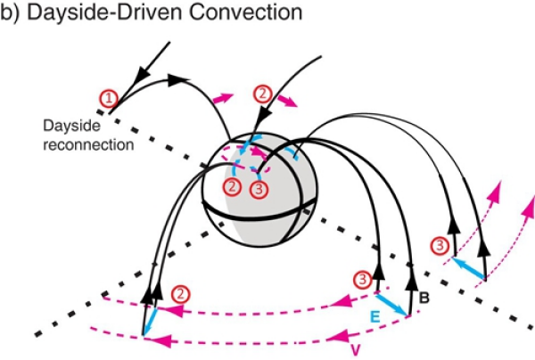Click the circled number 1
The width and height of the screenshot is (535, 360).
(109, 99)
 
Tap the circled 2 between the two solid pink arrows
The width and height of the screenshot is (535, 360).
(261, 92)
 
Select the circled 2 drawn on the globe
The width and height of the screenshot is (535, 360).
(233, 186)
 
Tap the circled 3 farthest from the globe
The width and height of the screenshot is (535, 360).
(438, 244)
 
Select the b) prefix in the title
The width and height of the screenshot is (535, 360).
(12, 14)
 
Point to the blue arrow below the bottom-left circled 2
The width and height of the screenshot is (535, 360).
(150, 320)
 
